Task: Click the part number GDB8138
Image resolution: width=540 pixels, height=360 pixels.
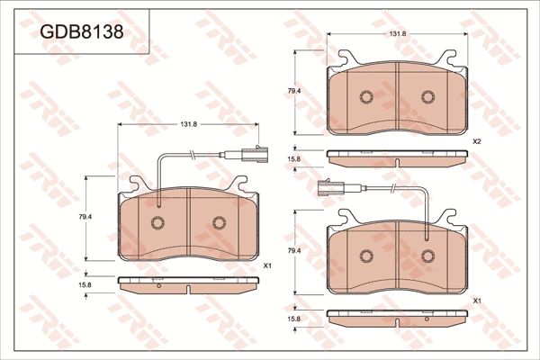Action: coord(81,32)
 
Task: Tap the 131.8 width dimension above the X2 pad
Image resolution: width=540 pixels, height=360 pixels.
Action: coord(397,34)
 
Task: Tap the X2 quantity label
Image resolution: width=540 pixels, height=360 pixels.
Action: coord(477,142)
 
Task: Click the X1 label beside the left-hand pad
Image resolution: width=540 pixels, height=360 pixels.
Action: coord(267,265)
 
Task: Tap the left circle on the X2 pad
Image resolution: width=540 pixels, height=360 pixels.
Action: coord(366,97)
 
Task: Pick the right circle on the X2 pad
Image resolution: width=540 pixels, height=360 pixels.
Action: coord(428,97)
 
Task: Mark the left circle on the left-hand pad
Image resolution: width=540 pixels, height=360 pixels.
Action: coord(157,223)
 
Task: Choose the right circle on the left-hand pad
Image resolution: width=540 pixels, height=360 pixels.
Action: coord(219,223)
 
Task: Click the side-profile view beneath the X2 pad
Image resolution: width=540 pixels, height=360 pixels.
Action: coord(397,158)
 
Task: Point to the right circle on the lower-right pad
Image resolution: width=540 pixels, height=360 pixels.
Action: coord(428,256)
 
